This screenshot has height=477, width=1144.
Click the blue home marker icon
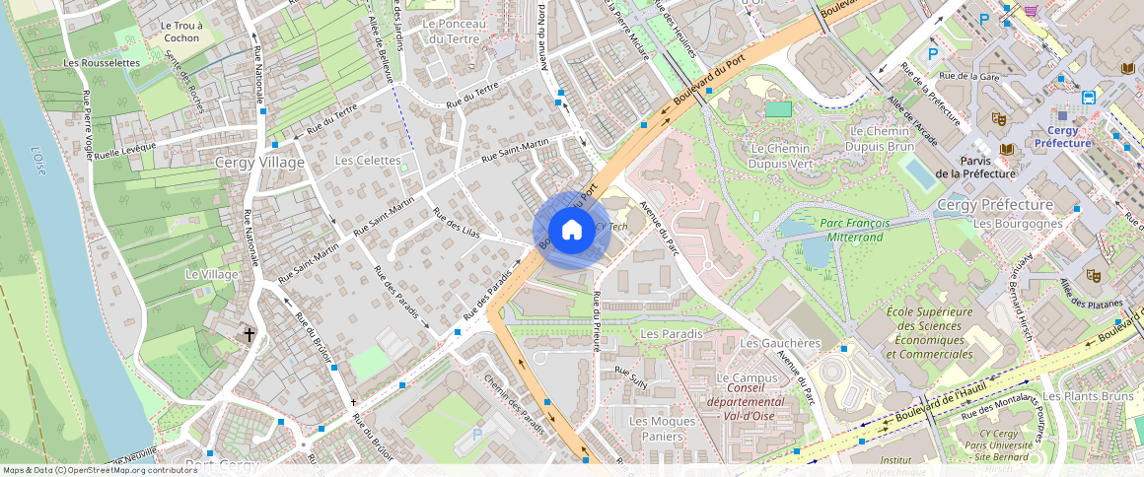(571, 231)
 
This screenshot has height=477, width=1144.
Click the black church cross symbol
(250, 335)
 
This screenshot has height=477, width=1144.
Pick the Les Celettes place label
(368, 160)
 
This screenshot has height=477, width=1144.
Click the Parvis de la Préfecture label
(975, 167)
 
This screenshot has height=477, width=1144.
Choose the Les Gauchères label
(780, 343)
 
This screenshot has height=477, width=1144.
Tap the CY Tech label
(611, 227)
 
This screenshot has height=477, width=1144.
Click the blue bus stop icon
(1089, 97)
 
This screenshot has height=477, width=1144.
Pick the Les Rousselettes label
(102, 62)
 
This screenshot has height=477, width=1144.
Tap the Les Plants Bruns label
(1088, 396)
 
